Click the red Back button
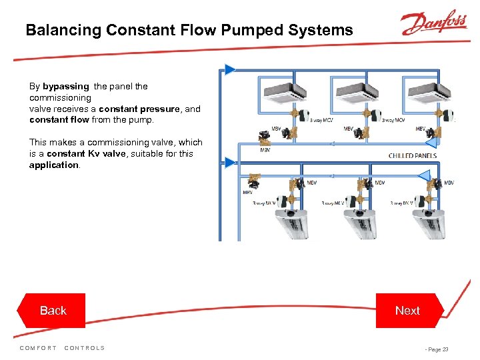[x=53, y=311]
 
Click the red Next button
[x=407, y=311]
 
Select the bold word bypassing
[x=65, y=86]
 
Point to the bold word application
[x=54, y=165]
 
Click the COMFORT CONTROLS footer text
[x=63, y=348]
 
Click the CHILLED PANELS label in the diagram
[x=412, y=156]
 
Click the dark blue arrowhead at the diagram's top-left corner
[x=230, y=69]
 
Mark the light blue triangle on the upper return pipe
[x=430, y=142]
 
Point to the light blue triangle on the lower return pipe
[x=424, y=175]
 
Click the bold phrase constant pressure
[x=139, y=109]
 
